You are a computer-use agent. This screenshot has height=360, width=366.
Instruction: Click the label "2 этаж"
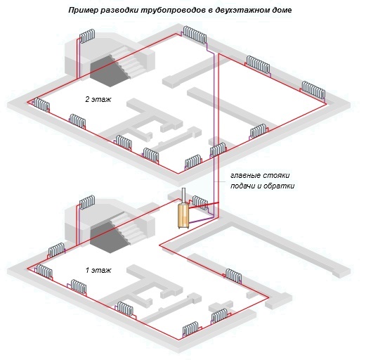(x=98, y=99)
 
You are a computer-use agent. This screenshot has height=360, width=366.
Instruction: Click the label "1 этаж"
(x=98, y=270)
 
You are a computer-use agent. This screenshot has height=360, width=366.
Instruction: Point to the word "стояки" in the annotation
(x=276, y=175)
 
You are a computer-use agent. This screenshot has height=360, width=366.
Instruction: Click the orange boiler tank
(x=183, y=216)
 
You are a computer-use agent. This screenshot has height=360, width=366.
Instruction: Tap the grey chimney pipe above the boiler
(x=184, y=195)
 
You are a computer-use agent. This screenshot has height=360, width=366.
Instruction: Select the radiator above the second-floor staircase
(x=87, y=36)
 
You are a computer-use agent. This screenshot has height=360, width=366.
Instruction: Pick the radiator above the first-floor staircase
(x=87, y=202)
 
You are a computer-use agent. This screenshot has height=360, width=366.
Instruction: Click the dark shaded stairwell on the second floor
(x=110, y=70)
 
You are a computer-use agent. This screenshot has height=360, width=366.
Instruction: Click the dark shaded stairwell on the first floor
(x=110, y=237)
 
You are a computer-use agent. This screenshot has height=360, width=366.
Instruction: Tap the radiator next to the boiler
(x=200, y=203)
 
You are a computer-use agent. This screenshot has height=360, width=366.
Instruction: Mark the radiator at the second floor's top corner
(x=195, y=34)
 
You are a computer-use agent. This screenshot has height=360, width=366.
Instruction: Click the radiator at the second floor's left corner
(x=41, y=105)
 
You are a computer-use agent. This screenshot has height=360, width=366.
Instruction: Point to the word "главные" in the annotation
(x=245, y=175)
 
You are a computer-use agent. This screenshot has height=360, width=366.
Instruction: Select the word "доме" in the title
(x=282, y=11)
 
